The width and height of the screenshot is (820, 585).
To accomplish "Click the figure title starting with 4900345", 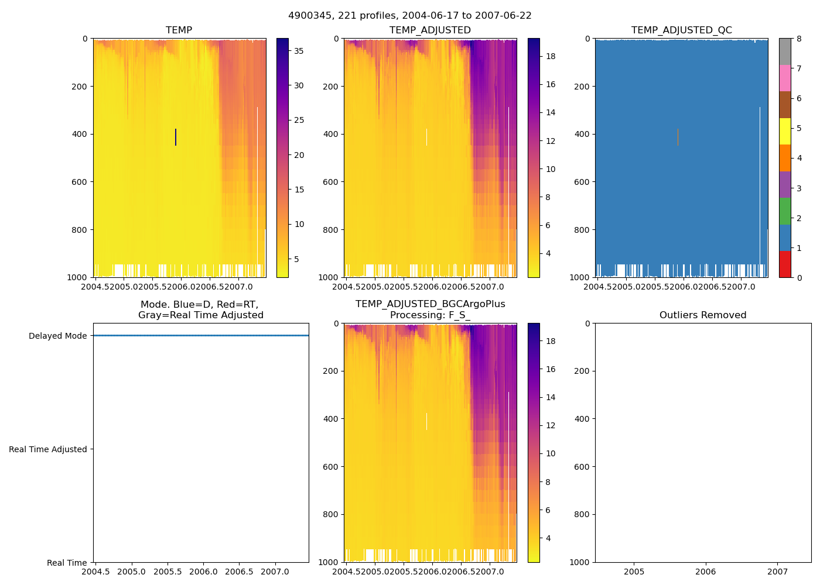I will (409, 16).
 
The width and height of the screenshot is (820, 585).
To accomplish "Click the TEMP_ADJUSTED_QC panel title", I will (681, 30).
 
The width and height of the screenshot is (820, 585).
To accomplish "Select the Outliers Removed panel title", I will (702, 315).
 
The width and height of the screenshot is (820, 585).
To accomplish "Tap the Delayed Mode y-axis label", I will (57, 336).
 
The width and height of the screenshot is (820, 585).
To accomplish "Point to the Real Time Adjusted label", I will (47, 449).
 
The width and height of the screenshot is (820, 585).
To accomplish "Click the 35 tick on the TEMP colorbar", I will (299, 51).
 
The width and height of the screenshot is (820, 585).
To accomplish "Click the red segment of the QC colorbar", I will (785, 264).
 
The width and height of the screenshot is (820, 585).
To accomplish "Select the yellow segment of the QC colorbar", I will (785, 131).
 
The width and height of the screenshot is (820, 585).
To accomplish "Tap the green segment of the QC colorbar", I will (785, 211).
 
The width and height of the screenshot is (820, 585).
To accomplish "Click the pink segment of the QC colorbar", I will (785, 78).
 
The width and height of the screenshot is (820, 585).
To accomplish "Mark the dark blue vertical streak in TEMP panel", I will (176, 137).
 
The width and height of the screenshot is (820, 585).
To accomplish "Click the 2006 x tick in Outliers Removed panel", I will (705, 572).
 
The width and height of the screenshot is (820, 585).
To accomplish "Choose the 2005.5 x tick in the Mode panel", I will (168, 572).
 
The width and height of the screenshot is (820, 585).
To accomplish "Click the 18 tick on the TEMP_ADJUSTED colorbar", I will (551, 56).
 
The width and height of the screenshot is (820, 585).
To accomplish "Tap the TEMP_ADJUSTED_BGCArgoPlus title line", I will (430, 304).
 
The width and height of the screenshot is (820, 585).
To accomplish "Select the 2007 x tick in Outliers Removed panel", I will (777, 572).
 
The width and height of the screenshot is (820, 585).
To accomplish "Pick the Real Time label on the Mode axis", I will (67, 563).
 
